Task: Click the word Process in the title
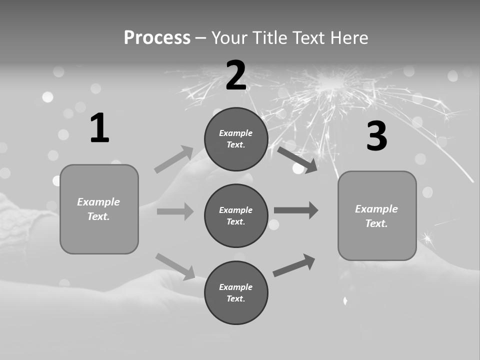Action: click(157, 37)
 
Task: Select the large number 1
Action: click(99, 128)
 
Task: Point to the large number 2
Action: click(236, 75)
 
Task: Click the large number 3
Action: click(377, 136)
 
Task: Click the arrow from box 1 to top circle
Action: click(173, 159)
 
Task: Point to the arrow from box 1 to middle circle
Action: click(175, 211)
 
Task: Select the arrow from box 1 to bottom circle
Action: click(175, 266)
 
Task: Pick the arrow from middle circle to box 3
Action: click(296, 210)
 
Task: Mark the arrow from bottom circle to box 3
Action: click(294, 265)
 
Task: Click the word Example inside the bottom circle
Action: click(235, 287)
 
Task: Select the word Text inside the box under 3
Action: click(375, 223)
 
